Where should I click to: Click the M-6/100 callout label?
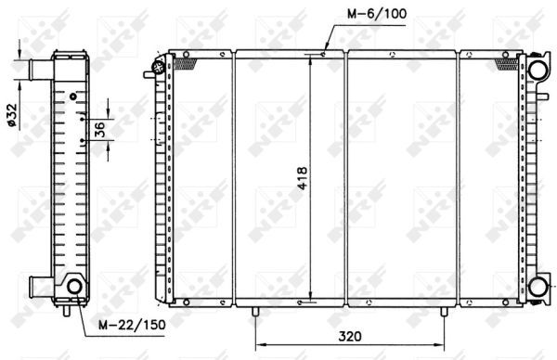pos(377,14)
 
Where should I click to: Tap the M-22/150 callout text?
pos(132,324)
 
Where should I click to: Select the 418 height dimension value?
pos(302,178)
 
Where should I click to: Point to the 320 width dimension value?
pos(350,336)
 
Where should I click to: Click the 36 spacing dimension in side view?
pos(100,129)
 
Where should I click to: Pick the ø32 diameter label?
pos(12,114)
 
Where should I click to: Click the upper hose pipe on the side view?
pos(41,70)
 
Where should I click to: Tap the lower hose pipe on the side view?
pos(41,287)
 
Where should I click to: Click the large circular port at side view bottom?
pos(75,286)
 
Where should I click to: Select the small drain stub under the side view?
pos(67,311)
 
